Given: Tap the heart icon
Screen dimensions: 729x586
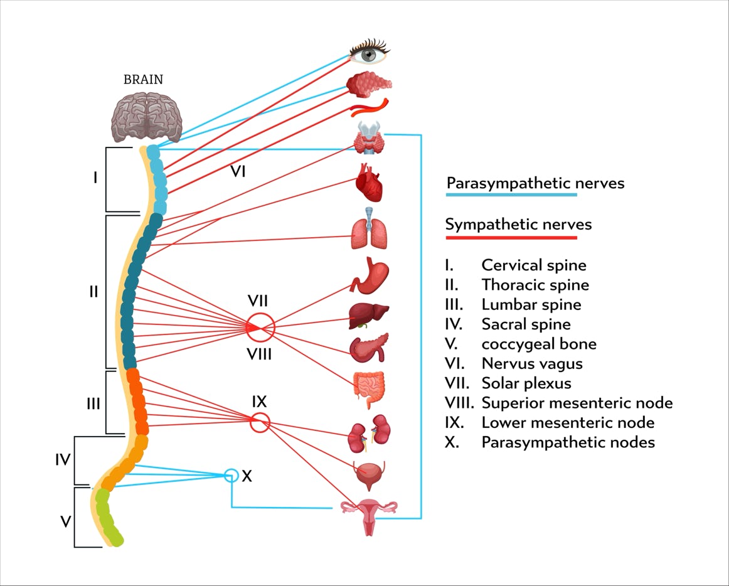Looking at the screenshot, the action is [x=369, y=183].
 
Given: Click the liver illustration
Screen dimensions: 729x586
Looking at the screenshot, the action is [x=369, y=316].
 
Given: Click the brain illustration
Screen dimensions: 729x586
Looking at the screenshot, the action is [x=146, y=117].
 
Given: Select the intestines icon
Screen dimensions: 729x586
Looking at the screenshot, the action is [x=369, y=390].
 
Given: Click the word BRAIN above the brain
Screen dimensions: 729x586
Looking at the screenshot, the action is [x=143, y=80].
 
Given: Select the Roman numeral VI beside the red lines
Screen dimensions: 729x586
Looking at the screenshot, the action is [x=238, y=172].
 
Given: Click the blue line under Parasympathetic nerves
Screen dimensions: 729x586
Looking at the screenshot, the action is [x=511, y=194].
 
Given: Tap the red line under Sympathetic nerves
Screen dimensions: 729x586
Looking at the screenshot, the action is [x=511, y=238].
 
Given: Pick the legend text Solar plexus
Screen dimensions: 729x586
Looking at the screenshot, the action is [x=526, y=383].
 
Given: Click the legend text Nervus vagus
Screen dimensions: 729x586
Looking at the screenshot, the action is [x=532, y=363].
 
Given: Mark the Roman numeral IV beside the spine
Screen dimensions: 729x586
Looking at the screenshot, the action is [x=63, y=459].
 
